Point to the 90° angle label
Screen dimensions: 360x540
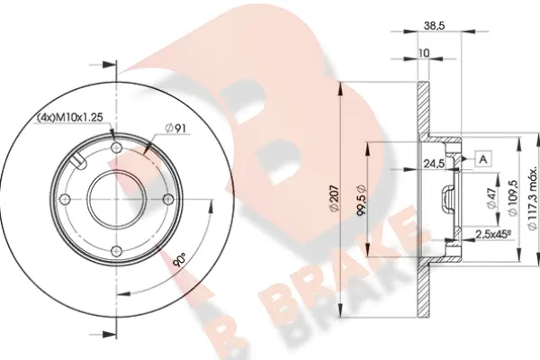(179, 262)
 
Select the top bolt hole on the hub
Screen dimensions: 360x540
(115, 149)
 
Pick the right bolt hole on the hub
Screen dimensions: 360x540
(166, 200)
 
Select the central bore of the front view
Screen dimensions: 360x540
(115, 200)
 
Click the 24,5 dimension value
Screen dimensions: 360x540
(435, 163)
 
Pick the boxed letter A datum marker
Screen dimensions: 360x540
(483, 159)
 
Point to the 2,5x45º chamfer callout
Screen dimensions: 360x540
(493, 236)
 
